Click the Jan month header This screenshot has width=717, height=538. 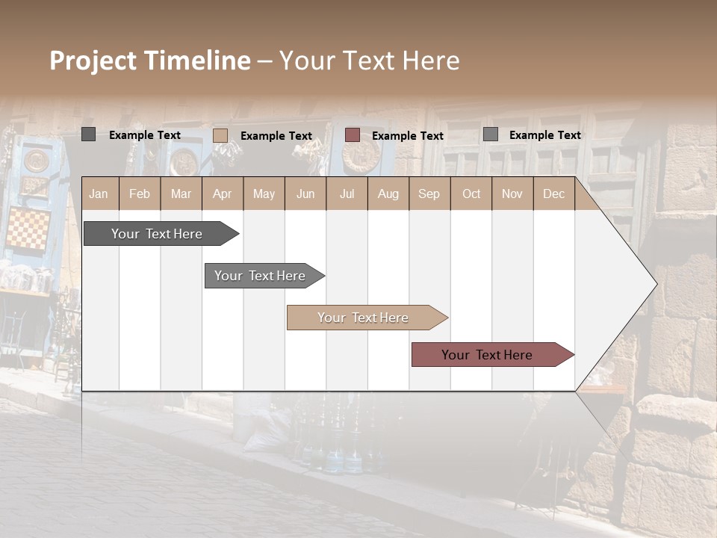click(99, 194)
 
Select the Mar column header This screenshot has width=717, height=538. click(181, 194)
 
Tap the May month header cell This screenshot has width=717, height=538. click(264, 194)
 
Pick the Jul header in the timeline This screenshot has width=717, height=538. click(347, 194)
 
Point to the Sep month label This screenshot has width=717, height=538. click(429, 194)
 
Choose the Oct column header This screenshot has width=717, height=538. click(471, 194)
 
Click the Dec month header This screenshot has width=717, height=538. click(553, 194)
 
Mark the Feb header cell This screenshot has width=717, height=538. click(140, 194)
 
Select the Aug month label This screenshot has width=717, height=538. click(388, 194)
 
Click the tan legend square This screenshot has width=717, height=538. click(220, 135)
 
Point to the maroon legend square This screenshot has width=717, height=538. click(353, 135)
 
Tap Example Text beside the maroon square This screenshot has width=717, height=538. click(407, 136)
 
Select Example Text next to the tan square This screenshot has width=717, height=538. click(276, 136)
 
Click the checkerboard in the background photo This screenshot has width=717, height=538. click(28, 229)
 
